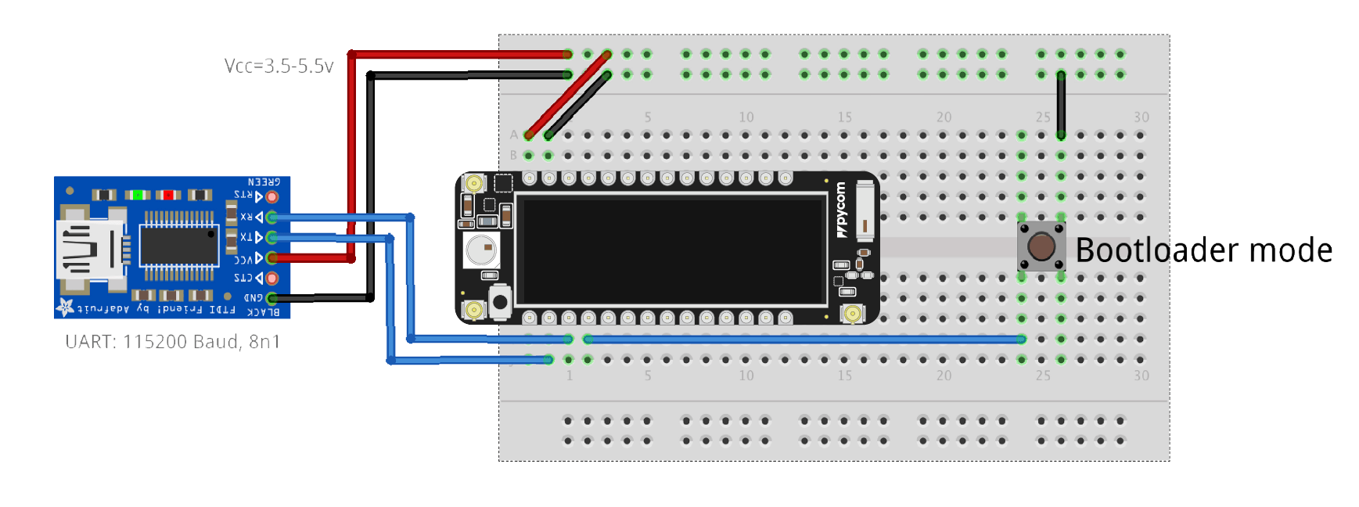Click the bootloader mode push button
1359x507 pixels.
(1041, 246)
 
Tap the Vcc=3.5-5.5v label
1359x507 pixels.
(279, 67)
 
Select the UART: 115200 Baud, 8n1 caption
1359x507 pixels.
(172, 342)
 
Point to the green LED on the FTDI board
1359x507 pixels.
(138, 195)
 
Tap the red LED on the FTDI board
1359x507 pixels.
(168, 195)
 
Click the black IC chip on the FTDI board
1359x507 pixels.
(178, 245)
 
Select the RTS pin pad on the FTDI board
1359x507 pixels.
(272, 196)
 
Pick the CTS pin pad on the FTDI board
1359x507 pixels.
(272, 278)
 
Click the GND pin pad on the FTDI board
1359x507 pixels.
(272, 298)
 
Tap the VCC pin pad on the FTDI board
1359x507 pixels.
(272, 257)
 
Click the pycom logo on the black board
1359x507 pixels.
(841, 210)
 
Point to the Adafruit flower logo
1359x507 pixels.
(65, 307)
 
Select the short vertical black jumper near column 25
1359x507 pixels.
(1061, 105)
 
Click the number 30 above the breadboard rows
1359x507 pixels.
(1141, 117)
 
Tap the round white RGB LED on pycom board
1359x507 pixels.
(481, 250)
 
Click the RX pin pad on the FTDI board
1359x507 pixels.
(272, 217)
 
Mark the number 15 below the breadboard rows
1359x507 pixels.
(845, 376)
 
